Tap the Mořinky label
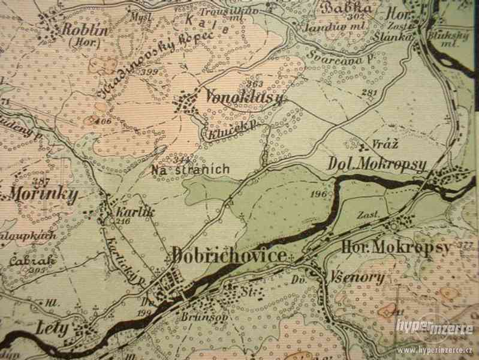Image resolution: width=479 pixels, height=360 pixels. tap(41, 195)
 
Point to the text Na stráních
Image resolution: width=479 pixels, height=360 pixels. tap(190, 170)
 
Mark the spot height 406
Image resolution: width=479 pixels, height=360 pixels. tap(106, 121)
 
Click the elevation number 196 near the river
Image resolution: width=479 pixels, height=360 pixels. tap(318, 194)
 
